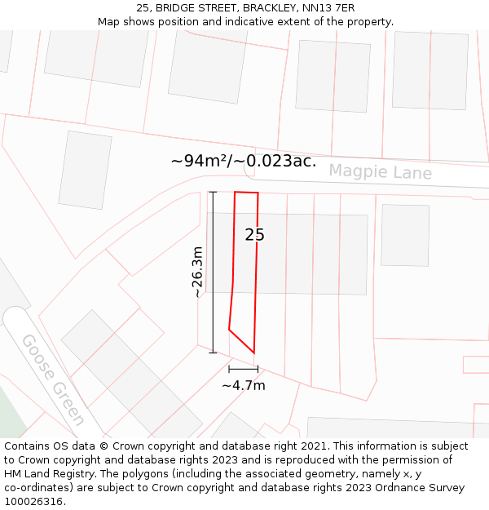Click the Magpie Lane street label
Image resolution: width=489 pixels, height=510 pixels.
click(380, 172)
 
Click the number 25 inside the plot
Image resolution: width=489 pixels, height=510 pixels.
click(254, 235)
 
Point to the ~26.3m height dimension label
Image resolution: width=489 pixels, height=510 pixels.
click(197, 272)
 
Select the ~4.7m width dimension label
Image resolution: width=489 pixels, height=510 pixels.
click(244, 385)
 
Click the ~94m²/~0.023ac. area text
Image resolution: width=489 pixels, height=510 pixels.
click(243, 161)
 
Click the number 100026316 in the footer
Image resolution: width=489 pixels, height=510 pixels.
click(34, 501)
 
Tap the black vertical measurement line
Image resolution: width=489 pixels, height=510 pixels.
click(214, 272)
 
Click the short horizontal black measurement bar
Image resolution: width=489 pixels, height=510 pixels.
click(243, 370)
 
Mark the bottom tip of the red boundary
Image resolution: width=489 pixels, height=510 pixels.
click(254, 353)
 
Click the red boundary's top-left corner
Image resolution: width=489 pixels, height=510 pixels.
click(235, 193)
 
